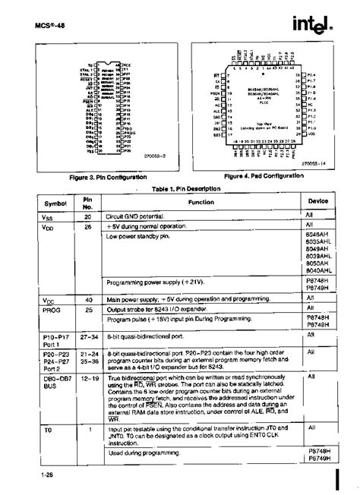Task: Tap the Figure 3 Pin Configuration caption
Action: pos(103,179)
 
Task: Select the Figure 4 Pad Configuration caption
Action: pos(263,176)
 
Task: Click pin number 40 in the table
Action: pos(88,300)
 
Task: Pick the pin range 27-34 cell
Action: pos(88,333)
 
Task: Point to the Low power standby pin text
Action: pos(144,237)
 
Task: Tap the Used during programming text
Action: pos(145,454)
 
